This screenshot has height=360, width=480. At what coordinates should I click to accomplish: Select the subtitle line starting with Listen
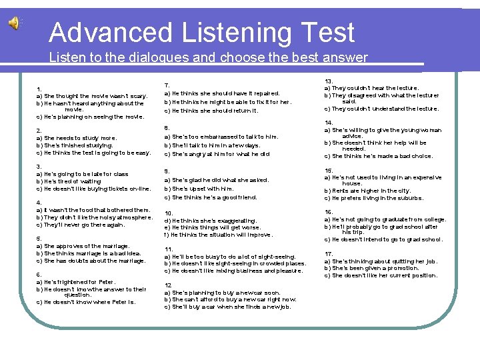coord(208,57)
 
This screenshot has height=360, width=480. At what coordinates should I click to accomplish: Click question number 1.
coord(40,89)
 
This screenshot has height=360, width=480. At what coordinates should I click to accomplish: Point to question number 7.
coord(167,85)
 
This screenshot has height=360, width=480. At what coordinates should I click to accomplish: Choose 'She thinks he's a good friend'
coord(211,197)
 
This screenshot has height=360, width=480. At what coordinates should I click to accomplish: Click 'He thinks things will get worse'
coord(212,227)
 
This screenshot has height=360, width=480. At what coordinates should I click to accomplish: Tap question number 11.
coord(169,249)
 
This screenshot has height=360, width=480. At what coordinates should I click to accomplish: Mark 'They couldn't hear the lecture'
coord(371,88)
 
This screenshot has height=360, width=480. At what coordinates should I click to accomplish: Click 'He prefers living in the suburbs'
coord(373,198)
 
